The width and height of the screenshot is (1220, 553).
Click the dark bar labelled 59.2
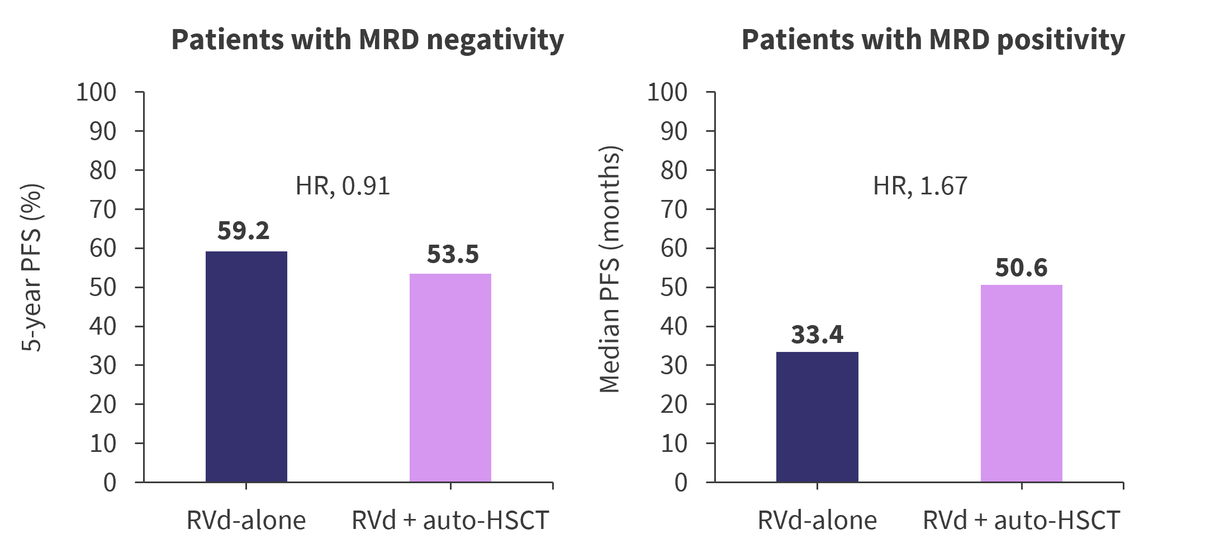[246, 366]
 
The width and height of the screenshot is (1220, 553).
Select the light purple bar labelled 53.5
[450, 378]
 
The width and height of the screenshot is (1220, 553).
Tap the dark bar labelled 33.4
[817, 417]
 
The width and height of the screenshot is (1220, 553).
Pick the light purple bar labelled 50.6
[1022, 383]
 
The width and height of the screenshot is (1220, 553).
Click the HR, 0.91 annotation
[343, 186]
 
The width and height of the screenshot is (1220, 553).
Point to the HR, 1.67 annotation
[920, 186]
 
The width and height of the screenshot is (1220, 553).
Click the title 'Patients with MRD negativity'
[367, 40]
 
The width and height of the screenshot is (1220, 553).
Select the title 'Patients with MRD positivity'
[933, 40]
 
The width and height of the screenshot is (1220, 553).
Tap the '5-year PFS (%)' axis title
[32, 268]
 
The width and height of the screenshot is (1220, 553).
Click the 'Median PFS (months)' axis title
[610, 270]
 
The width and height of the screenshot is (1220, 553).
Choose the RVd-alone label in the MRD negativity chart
[246, 521]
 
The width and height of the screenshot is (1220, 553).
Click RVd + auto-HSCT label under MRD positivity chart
[1022, 521]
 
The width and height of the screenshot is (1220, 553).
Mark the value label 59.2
[244, 231]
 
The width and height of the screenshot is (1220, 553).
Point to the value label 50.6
[1021, 268]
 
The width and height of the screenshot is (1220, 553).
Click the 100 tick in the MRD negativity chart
[96, 92]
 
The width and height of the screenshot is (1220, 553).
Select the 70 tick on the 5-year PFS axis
[103, 209]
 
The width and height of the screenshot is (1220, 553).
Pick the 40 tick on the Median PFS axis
[674, 326]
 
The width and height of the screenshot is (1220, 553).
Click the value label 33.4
[817, 335]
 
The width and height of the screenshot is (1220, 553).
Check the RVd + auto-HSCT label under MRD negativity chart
[450, 521]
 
